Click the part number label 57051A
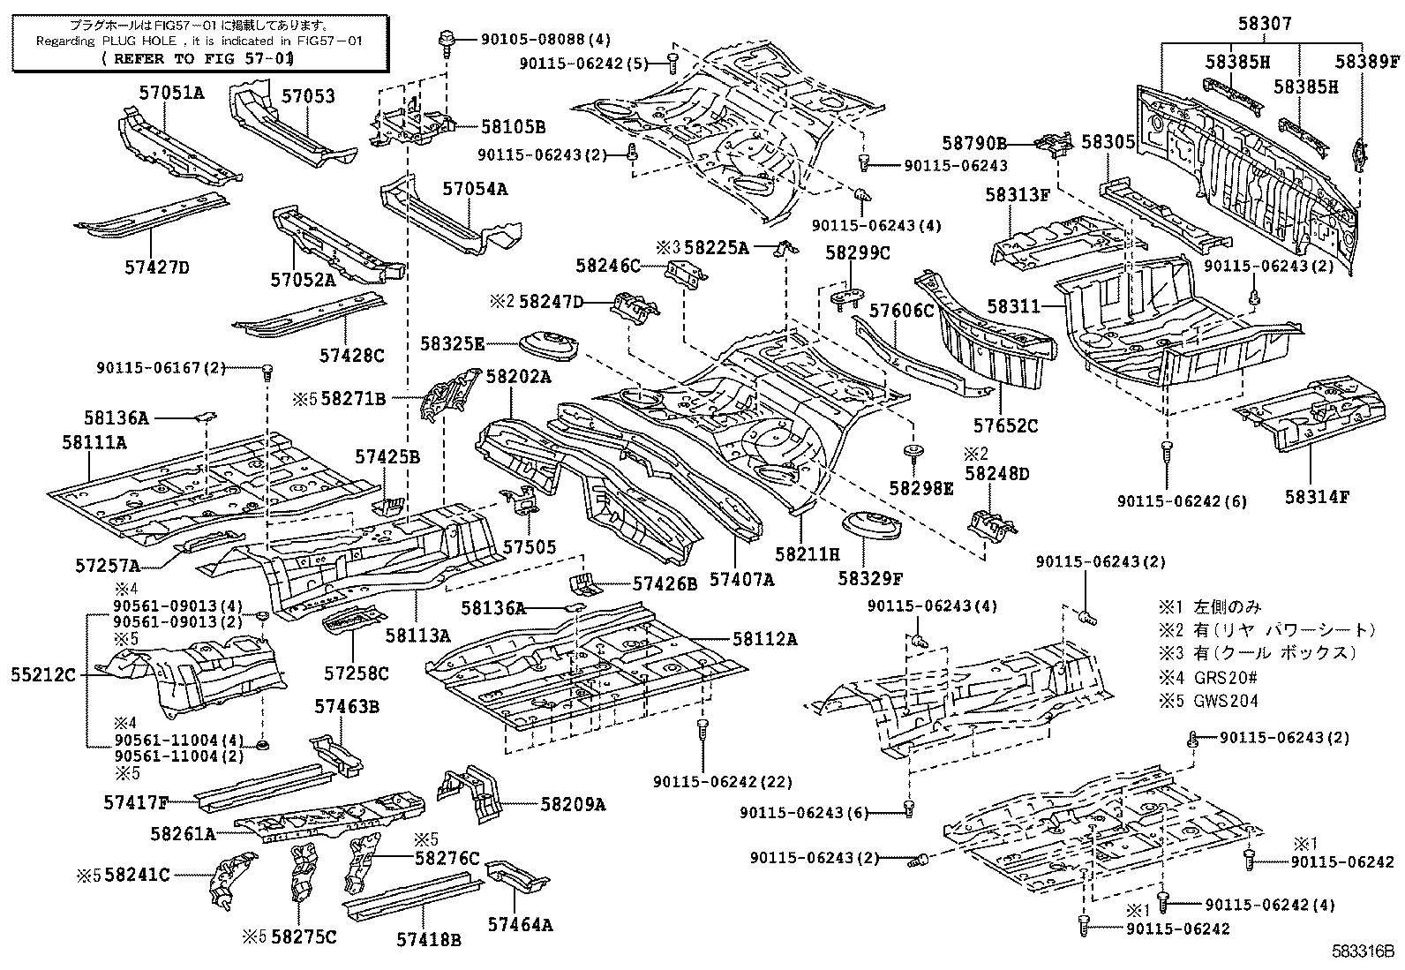coord(170,91)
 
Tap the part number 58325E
coord(453,342)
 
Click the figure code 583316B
coord(1363,953)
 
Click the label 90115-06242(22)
coord(723,782)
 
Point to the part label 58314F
coord(1317,497)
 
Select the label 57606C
coord(901,310)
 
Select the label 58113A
coord(417,635)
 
